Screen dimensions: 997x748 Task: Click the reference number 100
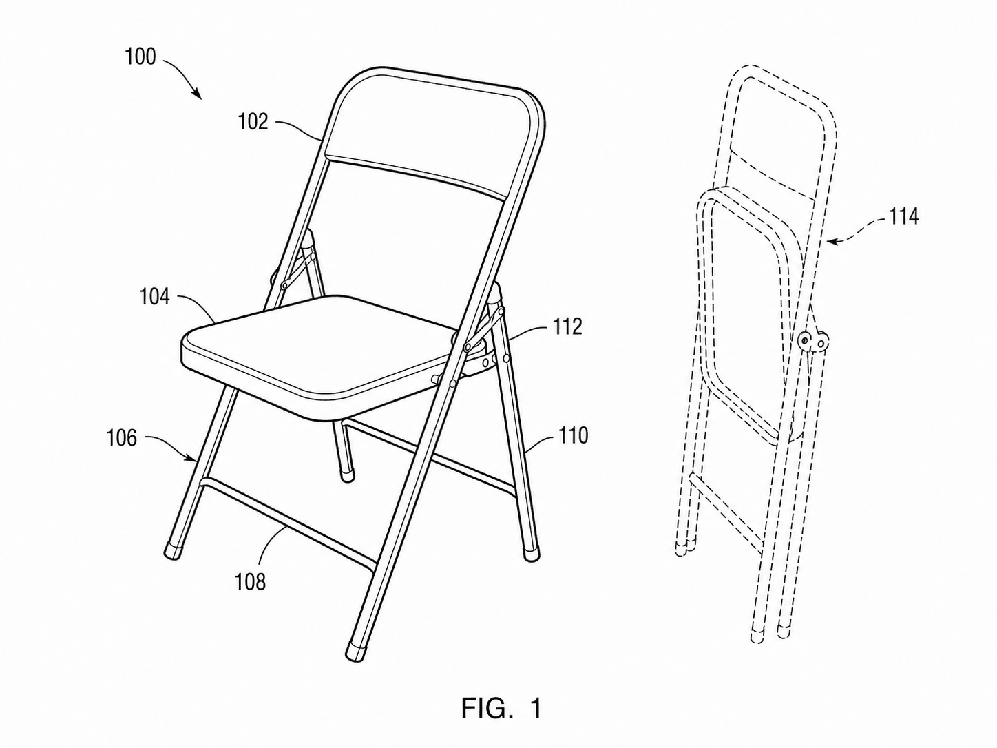click(x=140, y=57)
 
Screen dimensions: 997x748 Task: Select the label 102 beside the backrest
click(x=253, y=122)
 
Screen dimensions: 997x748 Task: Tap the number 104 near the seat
click(x=154, y=297)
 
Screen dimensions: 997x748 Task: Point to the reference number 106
click(x=121, y=438)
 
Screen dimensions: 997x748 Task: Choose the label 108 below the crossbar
click(x=250, y=581)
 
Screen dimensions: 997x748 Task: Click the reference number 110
click(x=574, y=435)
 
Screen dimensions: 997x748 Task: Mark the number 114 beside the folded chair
click(x=903, y=216)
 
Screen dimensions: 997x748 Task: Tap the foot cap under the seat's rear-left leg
click(x=348, y=477)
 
